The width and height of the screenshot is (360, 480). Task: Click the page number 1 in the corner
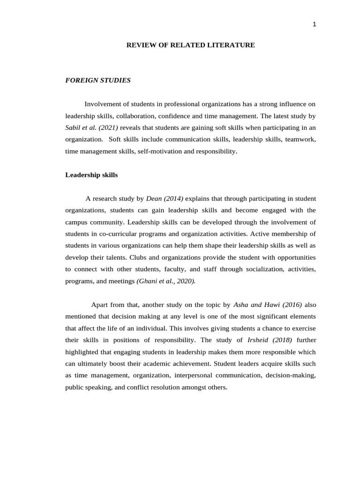pos(315,25)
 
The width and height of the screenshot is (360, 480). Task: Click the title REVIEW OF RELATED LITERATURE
pos(191,45)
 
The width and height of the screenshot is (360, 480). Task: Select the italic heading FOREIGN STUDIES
pos(98,80)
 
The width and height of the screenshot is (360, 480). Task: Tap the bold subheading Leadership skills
pos(91,175)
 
